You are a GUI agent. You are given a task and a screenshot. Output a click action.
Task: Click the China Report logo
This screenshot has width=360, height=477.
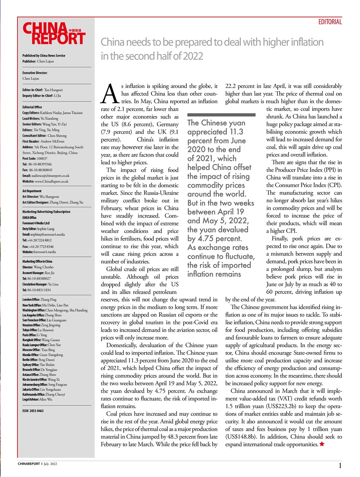(54, 34)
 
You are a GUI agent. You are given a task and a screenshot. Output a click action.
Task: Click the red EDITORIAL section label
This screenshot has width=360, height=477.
(330, 22)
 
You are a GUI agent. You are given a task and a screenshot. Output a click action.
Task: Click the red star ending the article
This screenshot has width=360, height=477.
(322, 444)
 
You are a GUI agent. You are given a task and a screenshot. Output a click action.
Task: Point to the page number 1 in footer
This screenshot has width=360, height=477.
(340, 465)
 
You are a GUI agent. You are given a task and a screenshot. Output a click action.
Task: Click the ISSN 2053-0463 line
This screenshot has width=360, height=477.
(33, 411)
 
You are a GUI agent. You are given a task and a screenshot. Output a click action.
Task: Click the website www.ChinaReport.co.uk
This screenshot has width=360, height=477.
(45, 181)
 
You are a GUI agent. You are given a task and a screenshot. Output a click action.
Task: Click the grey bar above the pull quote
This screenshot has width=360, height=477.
(221, 115)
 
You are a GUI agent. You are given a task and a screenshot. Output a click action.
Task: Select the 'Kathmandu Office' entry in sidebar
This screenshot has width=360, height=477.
(44, 394)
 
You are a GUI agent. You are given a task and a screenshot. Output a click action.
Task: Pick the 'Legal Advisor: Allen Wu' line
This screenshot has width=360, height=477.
(37, 399)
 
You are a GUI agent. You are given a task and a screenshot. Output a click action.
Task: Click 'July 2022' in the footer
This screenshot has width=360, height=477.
(50, 464)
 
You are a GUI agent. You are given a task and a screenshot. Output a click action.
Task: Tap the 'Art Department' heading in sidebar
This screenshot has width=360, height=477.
(32, 191)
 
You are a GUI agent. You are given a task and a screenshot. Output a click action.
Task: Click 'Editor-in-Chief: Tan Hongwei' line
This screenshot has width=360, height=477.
(42, 90)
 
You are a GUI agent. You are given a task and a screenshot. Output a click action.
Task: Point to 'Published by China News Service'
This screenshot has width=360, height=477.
(44, 56)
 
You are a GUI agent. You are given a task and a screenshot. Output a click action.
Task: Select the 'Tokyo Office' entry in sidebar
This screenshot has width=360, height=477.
(38, 330)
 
